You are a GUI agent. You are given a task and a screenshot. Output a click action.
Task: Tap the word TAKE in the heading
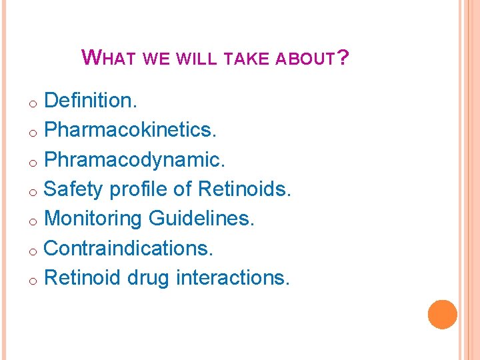point(245,59)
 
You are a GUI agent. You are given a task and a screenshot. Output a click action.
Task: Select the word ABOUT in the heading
point(305,59)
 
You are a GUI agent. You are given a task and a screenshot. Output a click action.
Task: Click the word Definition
point(91,101)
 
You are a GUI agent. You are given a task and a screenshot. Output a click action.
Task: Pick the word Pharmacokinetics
point(131,130)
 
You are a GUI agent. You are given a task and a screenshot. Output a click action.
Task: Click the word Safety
point(73,189)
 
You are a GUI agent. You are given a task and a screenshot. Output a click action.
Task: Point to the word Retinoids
point(245,189)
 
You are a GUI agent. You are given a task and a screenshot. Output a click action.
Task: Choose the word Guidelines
point(202,219)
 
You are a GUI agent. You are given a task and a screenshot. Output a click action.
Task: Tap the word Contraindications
point(129,248)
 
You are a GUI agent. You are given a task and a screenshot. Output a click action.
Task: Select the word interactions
point(233,277)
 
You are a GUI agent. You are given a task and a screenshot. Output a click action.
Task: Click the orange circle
point(442,314)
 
